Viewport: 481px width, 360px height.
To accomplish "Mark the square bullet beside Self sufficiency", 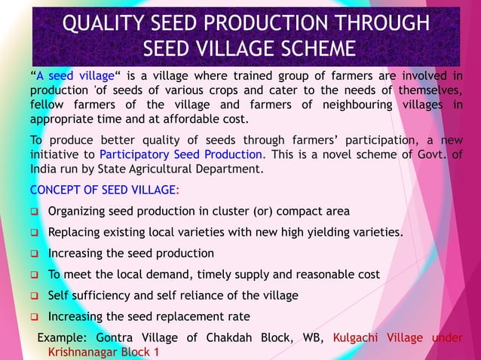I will pos(34,295).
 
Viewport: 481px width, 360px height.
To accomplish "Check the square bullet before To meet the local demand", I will pos(34,274).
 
